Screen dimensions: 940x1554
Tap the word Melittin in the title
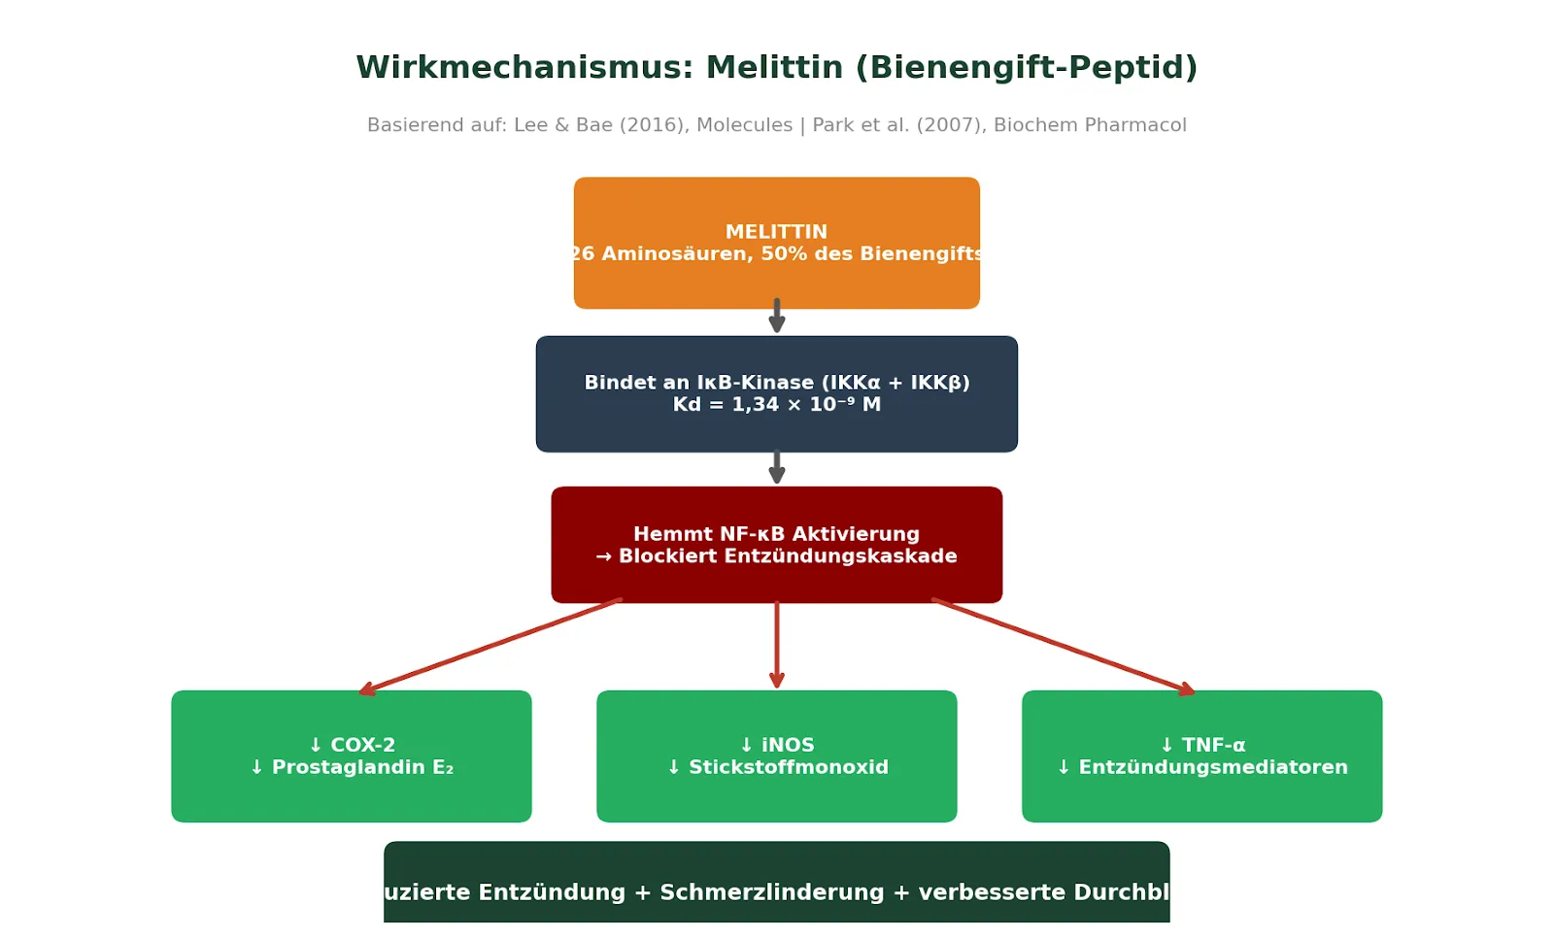coord(775,68)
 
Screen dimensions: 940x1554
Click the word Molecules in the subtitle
coord(744,125)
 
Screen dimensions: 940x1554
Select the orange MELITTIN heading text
coord(776,232)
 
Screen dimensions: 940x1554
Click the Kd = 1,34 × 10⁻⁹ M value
coord(776,405)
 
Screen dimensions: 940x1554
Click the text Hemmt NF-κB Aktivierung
coord(776,534)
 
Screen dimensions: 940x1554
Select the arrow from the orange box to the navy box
coord(776,317)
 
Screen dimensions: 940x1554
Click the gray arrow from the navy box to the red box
coord(776,468)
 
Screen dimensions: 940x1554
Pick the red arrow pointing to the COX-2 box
coord(490,646)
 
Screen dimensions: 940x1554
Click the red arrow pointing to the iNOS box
coord(776,645)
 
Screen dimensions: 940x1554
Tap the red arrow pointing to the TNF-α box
coord(1064,646)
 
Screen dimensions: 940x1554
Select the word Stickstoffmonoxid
coord(788,768)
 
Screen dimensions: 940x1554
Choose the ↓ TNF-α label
coord(1202,745)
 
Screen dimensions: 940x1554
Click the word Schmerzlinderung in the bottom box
coord(772,892)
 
